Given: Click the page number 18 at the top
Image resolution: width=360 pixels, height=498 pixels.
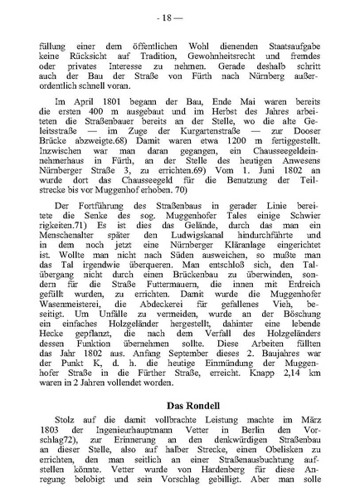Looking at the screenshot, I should tap(179, 17).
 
